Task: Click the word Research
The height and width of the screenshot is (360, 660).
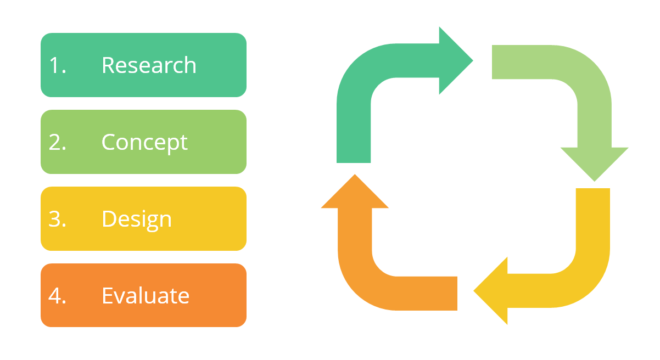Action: click(x=149, y=65)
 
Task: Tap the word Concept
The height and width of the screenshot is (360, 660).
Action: click(x=144, y=142)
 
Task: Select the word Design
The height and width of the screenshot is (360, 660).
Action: click(x=137, y=219)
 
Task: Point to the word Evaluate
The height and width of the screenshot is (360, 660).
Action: click(x=146, y=296)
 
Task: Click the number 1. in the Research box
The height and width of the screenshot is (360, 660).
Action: click(x=57, y=65)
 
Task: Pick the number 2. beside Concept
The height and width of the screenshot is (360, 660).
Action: click(x=57, y=142)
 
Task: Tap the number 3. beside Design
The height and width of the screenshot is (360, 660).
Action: click(x=57, y=219)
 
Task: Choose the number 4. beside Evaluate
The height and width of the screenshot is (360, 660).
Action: click(x=57, y=296)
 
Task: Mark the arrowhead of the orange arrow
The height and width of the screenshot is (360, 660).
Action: click(x=355, y=192)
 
